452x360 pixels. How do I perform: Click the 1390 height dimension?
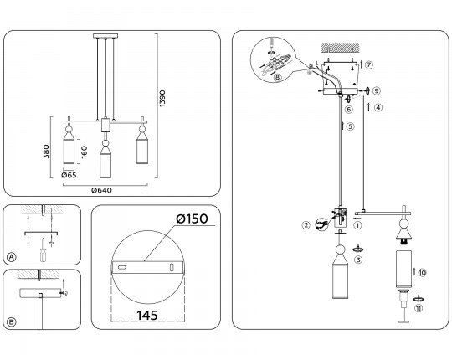[x=162, y=98]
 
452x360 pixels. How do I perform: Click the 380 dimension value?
[x=46, y=152]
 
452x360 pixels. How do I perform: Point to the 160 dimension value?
[x=84, y=152]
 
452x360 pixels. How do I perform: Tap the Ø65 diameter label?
[x=69, y=175]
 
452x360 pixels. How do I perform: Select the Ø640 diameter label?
[x=101, y=190]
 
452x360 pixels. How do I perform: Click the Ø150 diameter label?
[x=192, y=219]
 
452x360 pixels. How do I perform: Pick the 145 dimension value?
[x=147, y=316]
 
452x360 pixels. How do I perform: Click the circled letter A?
[x=11, y=256]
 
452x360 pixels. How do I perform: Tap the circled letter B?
[x=11, y=321]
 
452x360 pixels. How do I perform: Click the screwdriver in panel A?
[x=43, y=249]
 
